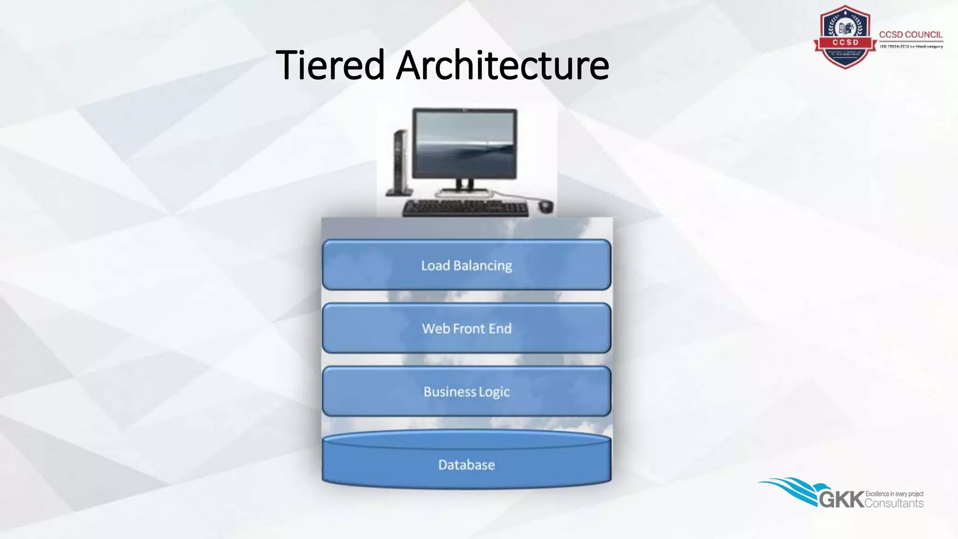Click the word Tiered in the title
point(330,65)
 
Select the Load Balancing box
point(466,265)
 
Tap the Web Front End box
point(466,328)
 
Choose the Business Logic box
point(466,392)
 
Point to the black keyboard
point(465,208)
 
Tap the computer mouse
point(545,205)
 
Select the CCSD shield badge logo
point(845,37)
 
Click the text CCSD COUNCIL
point(910,35)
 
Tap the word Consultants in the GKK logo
point(894,503)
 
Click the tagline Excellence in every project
point(894,494)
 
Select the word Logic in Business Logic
point(494,392)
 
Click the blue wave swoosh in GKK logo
point(791,489)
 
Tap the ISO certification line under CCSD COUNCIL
point(911,47)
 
